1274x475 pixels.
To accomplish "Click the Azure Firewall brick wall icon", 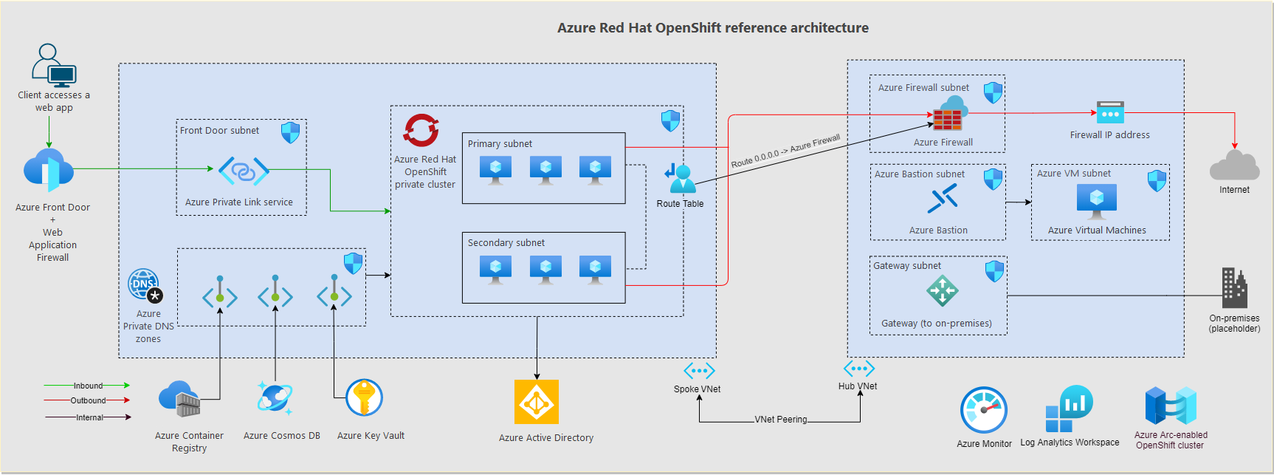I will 947,118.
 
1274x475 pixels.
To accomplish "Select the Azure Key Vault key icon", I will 364,398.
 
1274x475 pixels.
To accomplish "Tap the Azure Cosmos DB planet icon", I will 275,398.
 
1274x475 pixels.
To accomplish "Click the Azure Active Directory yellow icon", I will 537,402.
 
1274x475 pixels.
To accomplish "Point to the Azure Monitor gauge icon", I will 983,410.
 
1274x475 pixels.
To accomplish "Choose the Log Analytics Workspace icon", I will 1069,409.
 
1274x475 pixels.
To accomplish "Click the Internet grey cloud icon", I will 1234,165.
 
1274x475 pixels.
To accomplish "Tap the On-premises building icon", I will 1234,287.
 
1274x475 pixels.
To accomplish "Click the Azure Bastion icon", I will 943,199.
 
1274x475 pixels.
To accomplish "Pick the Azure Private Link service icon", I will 244,171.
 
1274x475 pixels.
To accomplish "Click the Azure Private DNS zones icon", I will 145,285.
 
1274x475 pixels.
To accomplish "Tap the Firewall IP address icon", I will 1109,112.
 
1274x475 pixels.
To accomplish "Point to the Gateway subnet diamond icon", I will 942,290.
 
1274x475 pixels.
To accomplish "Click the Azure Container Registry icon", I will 179,399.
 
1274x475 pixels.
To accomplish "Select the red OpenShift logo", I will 421,131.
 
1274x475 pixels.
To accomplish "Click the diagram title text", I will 712,28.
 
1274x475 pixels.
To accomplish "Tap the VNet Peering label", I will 781,420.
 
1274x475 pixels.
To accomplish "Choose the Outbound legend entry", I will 88,400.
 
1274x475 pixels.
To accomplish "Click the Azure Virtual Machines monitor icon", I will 1096,200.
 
